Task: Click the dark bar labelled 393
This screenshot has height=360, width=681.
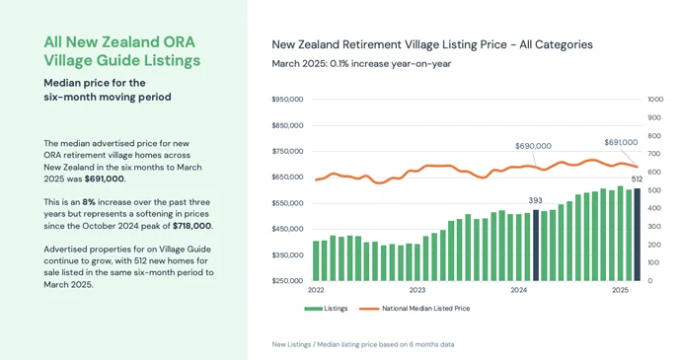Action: pyautogui.click(x=536, y=246)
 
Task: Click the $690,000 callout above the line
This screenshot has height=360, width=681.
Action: pyautogui.click(x=533, y=145)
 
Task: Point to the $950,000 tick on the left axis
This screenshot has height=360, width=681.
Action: pyautogui.click(x=287, y=100)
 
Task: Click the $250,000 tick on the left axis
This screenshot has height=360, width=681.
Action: pyautogui.click(x=287, y=281)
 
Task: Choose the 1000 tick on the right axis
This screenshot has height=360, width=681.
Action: pyautogui.click(x=655, y=100)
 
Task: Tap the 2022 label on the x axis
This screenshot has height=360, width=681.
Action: pyautogui.click(x=316, y=291)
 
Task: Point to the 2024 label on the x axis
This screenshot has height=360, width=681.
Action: pyautogui.click(x=519, y=291)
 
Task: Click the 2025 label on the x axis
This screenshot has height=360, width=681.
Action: pyautogui.click(x=620, y=291)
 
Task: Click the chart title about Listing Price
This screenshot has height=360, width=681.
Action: pyautogui.click(x=432, y=44)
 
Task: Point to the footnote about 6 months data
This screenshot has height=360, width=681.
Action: pyautogui.click(x=363, y=344)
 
